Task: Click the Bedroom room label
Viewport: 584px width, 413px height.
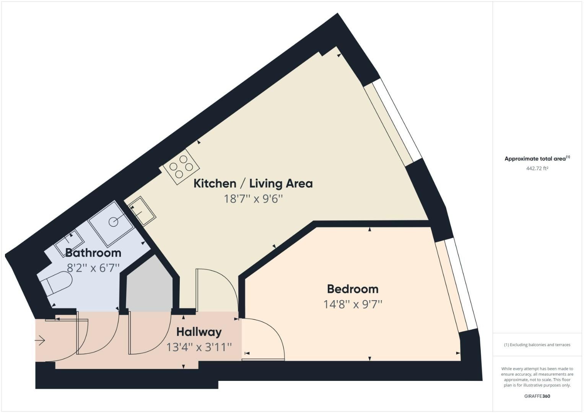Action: pos(353,289)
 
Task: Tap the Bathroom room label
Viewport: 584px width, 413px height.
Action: pos(93,253)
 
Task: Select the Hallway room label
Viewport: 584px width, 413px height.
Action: pos(199,332)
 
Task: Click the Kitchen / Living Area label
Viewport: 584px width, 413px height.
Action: pos(253,184)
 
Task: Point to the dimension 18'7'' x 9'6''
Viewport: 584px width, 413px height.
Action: pos(253,199)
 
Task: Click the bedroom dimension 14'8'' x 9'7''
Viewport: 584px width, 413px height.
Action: pos(353,304)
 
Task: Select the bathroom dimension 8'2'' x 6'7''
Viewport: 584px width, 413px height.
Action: pos(93,268)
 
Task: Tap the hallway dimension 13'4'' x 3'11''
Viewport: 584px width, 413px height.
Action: pos(199,347)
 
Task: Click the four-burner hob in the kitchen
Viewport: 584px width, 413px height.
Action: pos(181,167)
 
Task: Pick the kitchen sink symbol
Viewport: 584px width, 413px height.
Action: pos(142,211)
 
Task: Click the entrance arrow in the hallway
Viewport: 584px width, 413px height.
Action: pos(40,340)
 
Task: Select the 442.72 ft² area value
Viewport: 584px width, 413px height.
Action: pos(537,168)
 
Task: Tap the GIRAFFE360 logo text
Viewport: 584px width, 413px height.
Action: pos(537,396)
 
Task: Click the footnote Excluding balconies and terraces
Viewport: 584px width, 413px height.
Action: pos(537,345)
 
